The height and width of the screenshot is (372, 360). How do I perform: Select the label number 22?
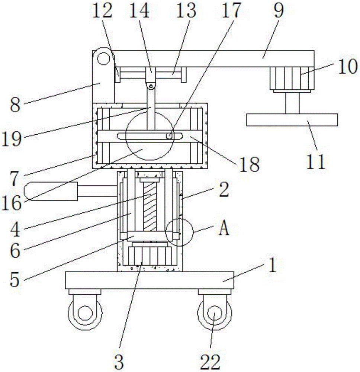click(x=211, y=360)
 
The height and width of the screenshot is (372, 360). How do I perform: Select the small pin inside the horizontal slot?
click(x=169, y=136)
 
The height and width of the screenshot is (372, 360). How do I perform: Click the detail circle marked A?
click(x=180, y=232)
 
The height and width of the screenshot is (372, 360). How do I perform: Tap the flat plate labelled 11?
click(x=292, y=120)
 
